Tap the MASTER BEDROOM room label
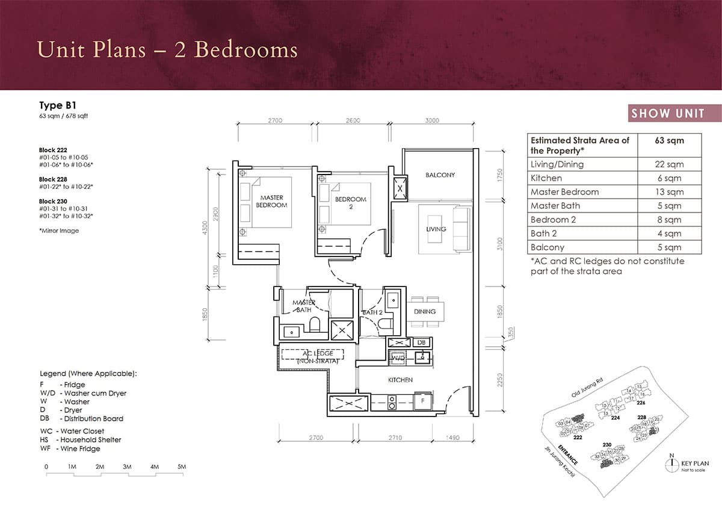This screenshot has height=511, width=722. [272, 201]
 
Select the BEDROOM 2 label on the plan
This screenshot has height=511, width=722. [350, 203]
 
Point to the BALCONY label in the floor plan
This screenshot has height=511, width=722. [440, 175]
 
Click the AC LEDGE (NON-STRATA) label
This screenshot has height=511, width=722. [312, 357]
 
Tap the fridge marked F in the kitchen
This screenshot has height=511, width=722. [423, 400]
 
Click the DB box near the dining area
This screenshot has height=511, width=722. [422, 342]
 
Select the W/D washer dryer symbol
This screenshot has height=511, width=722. [397, 357]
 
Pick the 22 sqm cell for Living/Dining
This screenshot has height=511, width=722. [669, 164]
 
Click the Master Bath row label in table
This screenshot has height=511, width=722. [555, 206]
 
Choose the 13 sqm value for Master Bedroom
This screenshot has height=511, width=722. [669, 192]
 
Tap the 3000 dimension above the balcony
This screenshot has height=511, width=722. [431, 120]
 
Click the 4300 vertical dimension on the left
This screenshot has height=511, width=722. [205, 229]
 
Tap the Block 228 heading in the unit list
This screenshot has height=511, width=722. [53, 179]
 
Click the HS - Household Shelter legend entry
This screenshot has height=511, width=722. [81, 440]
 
